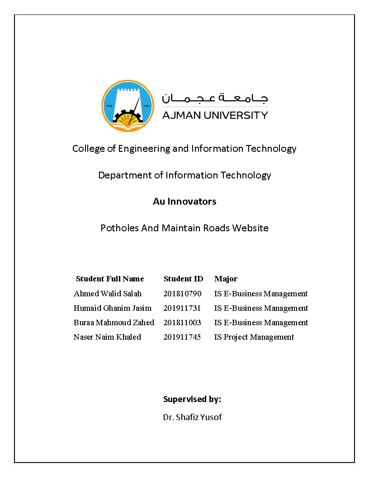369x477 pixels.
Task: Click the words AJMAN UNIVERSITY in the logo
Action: coord(215,115)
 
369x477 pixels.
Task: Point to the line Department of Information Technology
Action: coord(184,175)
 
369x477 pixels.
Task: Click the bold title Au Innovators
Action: coord(184,201)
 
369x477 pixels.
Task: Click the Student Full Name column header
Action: coord(110,279)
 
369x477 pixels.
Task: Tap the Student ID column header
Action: coord(183,279)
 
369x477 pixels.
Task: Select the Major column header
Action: coord(226,279)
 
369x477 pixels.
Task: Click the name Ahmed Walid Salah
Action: coord(108,294)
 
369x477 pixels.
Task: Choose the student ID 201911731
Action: coord(182,308)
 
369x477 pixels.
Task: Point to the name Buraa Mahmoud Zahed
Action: coord(114,323)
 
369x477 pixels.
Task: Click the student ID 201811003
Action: coord(182,323)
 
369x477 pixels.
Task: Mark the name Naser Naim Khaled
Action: coord(107,337)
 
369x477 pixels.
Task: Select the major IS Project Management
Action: coord(254,337)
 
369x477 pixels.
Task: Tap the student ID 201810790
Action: coord(182,294)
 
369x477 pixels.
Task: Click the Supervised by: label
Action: coord(192,399)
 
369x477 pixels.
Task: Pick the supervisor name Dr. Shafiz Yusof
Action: coord(192,417)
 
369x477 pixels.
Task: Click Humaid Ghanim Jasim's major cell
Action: coord(261,308)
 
